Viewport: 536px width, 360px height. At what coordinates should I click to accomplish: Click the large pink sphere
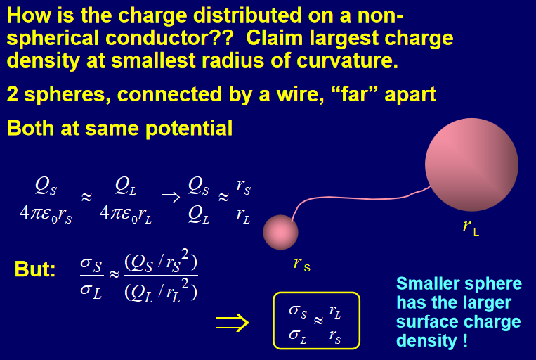(x=471, y=165)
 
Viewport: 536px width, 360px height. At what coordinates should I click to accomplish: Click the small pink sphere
(x=280, y=232)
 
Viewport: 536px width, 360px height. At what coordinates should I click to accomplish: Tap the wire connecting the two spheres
(x=355, y=198)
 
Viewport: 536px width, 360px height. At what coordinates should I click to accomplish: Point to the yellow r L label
(x=471, y=228)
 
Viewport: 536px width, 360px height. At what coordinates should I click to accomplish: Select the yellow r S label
(x=302, y=264)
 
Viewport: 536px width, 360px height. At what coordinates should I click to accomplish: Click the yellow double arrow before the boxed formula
(x=232, y=322)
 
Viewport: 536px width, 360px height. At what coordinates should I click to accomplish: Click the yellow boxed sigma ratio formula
(x=316, y=321)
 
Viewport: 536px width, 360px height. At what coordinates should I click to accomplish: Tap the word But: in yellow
(x=35, y=269)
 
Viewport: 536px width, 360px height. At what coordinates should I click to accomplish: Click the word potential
(x=189, y=129)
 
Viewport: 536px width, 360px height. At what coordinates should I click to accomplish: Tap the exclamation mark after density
(x=465, y=340)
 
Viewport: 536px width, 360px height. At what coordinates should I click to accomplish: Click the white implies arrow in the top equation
(x=171, y=197)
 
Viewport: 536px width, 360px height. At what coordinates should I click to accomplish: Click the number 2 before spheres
(x=13, y=94)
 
